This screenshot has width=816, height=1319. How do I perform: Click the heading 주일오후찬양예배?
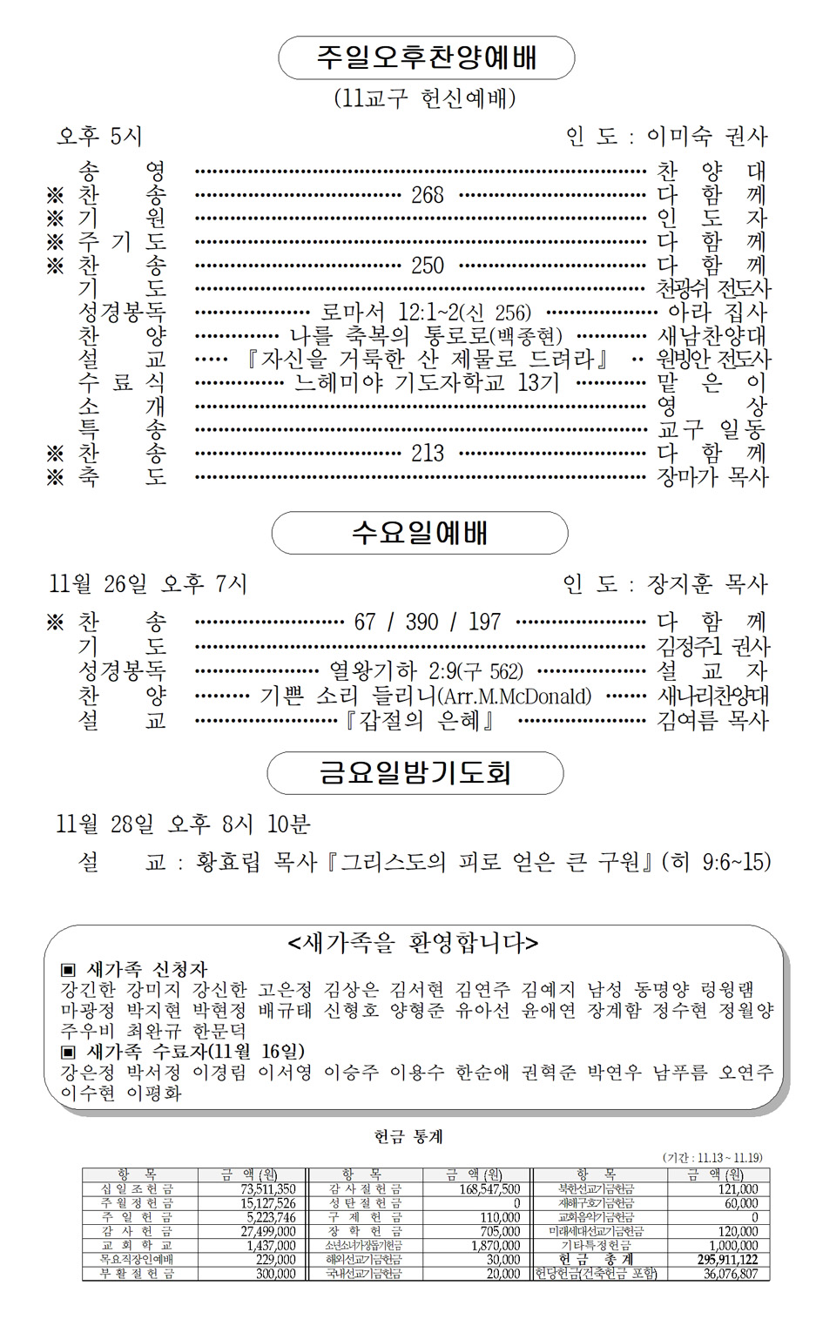click(426, 58)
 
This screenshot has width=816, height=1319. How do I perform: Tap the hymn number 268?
click(428, 195)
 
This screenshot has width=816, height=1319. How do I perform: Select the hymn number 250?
click(428, 266)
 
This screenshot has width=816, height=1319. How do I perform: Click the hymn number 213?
click(428, 453)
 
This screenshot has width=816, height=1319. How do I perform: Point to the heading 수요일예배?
click(420, 533)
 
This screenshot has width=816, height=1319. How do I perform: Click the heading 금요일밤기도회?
click(415, 772)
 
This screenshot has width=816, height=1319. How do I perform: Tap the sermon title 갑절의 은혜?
click(421, 720)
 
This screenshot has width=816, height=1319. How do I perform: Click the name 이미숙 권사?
click(706, 137)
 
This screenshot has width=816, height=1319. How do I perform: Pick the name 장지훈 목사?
click(706, 584)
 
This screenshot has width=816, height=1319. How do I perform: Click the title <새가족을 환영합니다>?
click(413, 943)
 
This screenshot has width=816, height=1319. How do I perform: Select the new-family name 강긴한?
click(87, 990)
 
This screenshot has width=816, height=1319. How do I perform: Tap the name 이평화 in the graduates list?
click(154, 1094)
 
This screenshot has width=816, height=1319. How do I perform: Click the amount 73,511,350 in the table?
click(268, 1189)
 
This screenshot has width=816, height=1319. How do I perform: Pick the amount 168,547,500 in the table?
click(489, 1189)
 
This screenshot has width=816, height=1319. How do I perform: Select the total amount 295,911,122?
click(727, 1260)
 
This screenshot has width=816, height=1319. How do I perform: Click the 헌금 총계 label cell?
click(596, 1260)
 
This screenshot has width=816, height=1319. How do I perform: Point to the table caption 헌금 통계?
click(408, 1136)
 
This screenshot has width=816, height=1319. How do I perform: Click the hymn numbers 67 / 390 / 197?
click(427, 622)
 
